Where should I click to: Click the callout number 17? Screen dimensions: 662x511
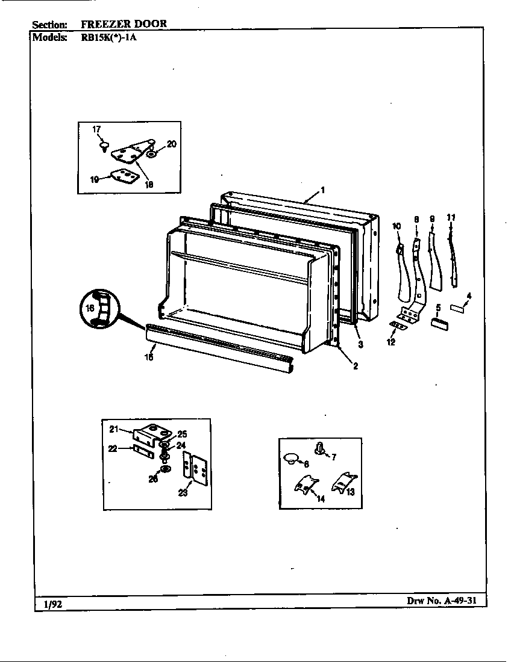96,129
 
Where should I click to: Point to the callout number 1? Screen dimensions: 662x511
323,190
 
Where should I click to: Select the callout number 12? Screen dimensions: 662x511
390,342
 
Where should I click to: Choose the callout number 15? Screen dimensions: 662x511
148,356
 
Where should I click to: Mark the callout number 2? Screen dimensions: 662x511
356,366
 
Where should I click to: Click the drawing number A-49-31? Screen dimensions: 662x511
442,601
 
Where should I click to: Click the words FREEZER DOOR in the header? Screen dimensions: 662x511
124,24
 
